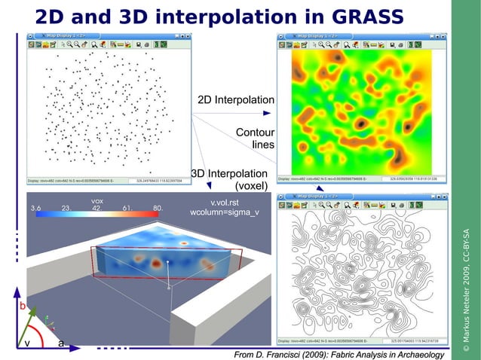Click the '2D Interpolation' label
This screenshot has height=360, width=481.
[235, 100]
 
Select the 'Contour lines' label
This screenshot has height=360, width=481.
[255, 138]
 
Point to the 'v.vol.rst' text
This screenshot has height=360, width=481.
[225, 202]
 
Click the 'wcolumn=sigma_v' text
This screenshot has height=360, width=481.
[225, 212]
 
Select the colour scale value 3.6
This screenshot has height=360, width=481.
[35, 208]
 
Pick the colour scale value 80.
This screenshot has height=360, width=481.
[158, 208]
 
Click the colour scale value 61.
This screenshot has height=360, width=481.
[127, 208]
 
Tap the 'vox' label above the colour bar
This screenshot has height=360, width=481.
[97, 201]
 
